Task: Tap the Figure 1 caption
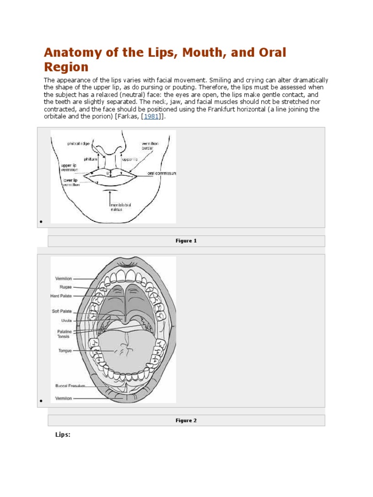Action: [186, 241]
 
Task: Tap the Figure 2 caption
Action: [186, 420]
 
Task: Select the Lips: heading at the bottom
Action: [63, 434]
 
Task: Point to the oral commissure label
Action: [162, 173]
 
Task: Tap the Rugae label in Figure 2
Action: [65, 287]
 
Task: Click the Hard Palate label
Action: [61, 295]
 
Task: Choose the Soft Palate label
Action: [62, 311]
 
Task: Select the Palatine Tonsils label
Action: [64, 333]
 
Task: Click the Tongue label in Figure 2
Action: [65, 350]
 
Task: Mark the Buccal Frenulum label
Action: [70, 386]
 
